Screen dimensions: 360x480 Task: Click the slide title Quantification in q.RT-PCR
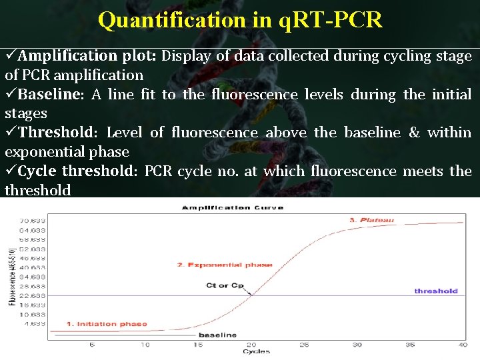(240, 20)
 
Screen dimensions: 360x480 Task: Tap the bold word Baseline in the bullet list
(49, 95)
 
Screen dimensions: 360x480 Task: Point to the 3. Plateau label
(371, 220)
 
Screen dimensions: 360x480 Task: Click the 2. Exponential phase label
(225, 265)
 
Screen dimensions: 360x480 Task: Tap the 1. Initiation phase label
(107, 325)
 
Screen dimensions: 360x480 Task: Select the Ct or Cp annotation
(225, 286)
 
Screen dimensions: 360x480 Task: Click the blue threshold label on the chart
(436, 291)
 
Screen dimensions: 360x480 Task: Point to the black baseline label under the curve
(217, 335)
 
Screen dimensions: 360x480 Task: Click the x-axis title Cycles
(256, 351)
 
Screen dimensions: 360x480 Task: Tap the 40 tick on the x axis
(462, 345)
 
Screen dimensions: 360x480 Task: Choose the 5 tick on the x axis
(92, 345)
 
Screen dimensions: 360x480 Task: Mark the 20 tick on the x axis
(251, 345)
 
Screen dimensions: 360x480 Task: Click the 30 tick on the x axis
(357, 345)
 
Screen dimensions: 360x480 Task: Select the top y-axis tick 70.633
(33, 220)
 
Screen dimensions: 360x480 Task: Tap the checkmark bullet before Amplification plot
(11, 56)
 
